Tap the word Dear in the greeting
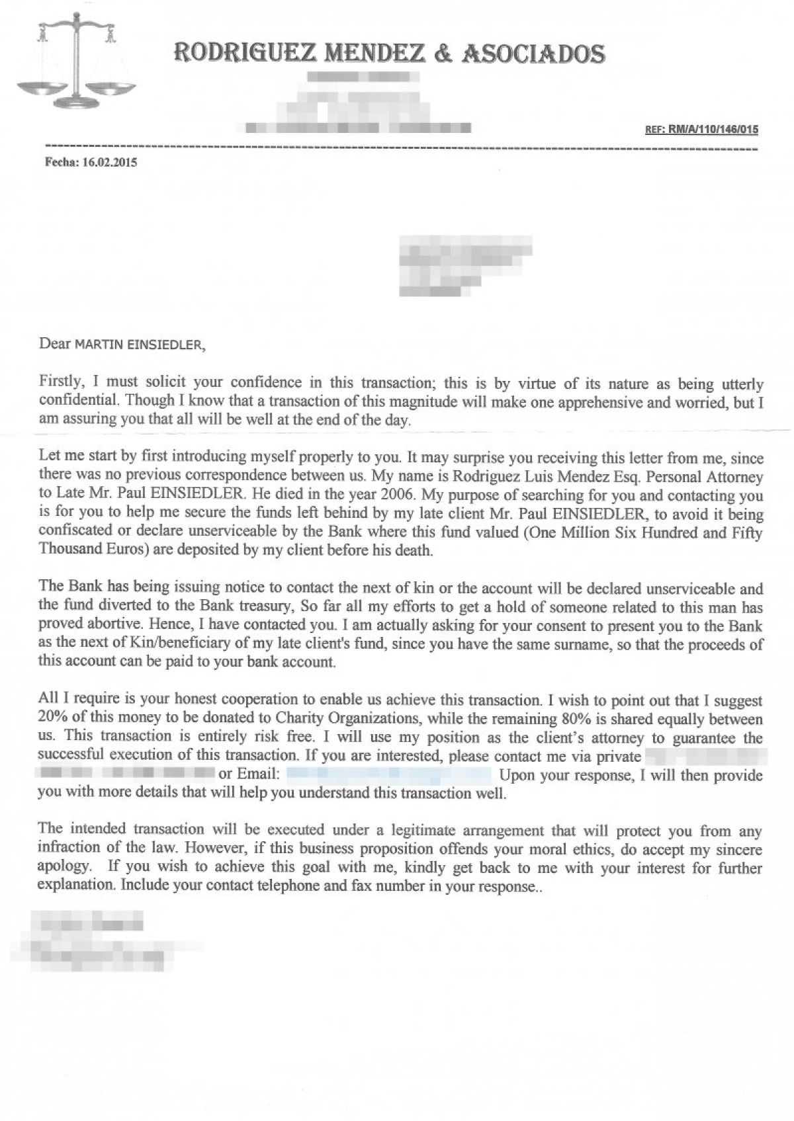point(54,343)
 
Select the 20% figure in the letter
point(54,719)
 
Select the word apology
point(65,866)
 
